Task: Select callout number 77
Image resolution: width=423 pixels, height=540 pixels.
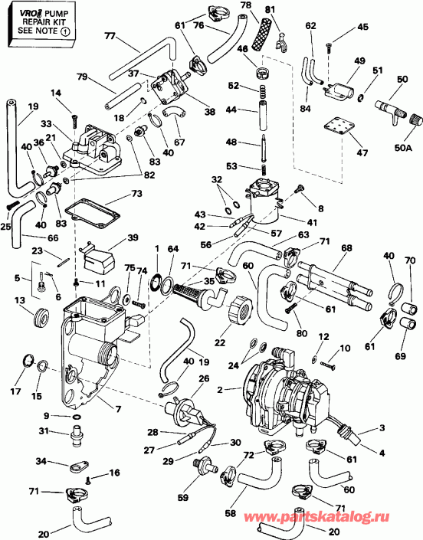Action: [109, 36]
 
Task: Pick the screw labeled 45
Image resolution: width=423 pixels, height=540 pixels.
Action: [327, 47]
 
